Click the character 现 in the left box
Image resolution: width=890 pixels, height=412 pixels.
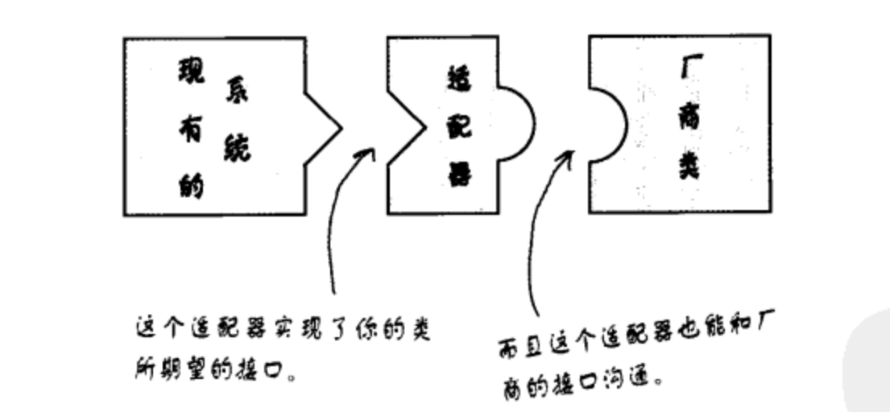click(192, 75)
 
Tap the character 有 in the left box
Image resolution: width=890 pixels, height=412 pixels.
click(192, 131)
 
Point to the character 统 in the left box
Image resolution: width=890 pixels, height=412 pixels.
click(235, 147)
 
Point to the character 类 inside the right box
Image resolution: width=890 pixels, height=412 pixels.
click(689, 167)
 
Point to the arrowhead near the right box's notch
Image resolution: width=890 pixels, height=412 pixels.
click(567, 155)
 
